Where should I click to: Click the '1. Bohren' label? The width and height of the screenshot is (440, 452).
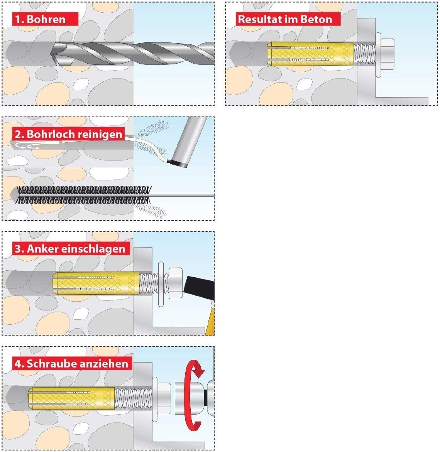click(40, 19)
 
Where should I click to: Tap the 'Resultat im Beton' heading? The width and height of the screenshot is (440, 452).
click(285, 19)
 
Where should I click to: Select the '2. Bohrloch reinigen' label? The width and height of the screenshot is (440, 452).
click(69, 134)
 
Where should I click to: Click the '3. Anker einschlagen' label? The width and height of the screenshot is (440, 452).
click(70, 249)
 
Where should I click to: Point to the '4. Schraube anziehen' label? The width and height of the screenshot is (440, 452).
click(71, 363)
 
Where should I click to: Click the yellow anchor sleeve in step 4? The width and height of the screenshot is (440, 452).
click(71, 397)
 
